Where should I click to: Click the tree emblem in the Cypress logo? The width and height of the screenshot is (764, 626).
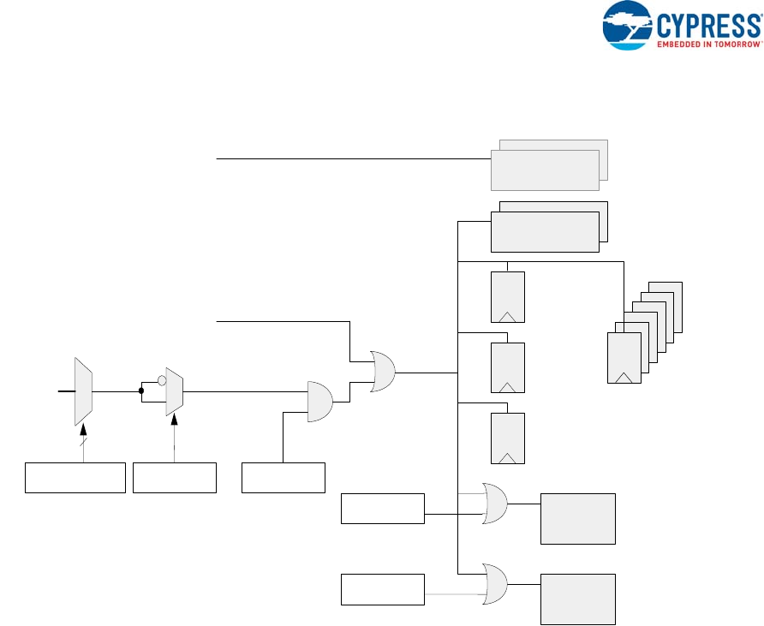point(628,23)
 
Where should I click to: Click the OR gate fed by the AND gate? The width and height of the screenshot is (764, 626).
point(382,372)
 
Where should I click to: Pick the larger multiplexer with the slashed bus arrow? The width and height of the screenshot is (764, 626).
point(83,391)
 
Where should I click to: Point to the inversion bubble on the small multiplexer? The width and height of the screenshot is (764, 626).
point(160,379)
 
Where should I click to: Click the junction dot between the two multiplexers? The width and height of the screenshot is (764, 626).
point(140,391)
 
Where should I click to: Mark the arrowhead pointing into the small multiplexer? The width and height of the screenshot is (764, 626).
point(175,416)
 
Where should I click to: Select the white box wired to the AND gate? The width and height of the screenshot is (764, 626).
point(284,477)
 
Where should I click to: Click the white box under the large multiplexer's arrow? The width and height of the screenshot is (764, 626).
point(75,477)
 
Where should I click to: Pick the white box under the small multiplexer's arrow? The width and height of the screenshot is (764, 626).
point(175,477)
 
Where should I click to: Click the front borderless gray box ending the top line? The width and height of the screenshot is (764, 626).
point(544,170)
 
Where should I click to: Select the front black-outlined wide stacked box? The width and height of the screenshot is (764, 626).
point(544,231)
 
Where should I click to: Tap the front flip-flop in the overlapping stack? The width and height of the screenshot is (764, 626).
point(623,358)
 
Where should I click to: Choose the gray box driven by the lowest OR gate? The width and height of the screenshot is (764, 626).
point(577,599)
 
